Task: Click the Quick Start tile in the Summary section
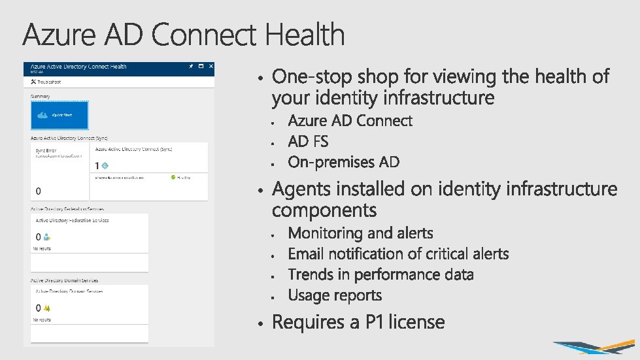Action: (59, 115)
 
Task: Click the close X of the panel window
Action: (209, 67)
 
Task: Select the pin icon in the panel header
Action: (190, 67)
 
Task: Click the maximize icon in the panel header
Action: (200, 67)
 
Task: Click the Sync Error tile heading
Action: (46, 150)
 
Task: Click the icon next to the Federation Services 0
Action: (46, 237)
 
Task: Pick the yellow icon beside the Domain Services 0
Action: (46, 308)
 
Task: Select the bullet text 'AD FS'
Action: (308, 141)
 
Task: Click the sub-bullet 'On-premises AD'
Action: (343, 162)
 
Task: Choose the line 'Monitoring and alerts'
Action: (360, 233)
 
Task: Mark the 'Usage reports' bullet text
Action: (335, 295)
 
